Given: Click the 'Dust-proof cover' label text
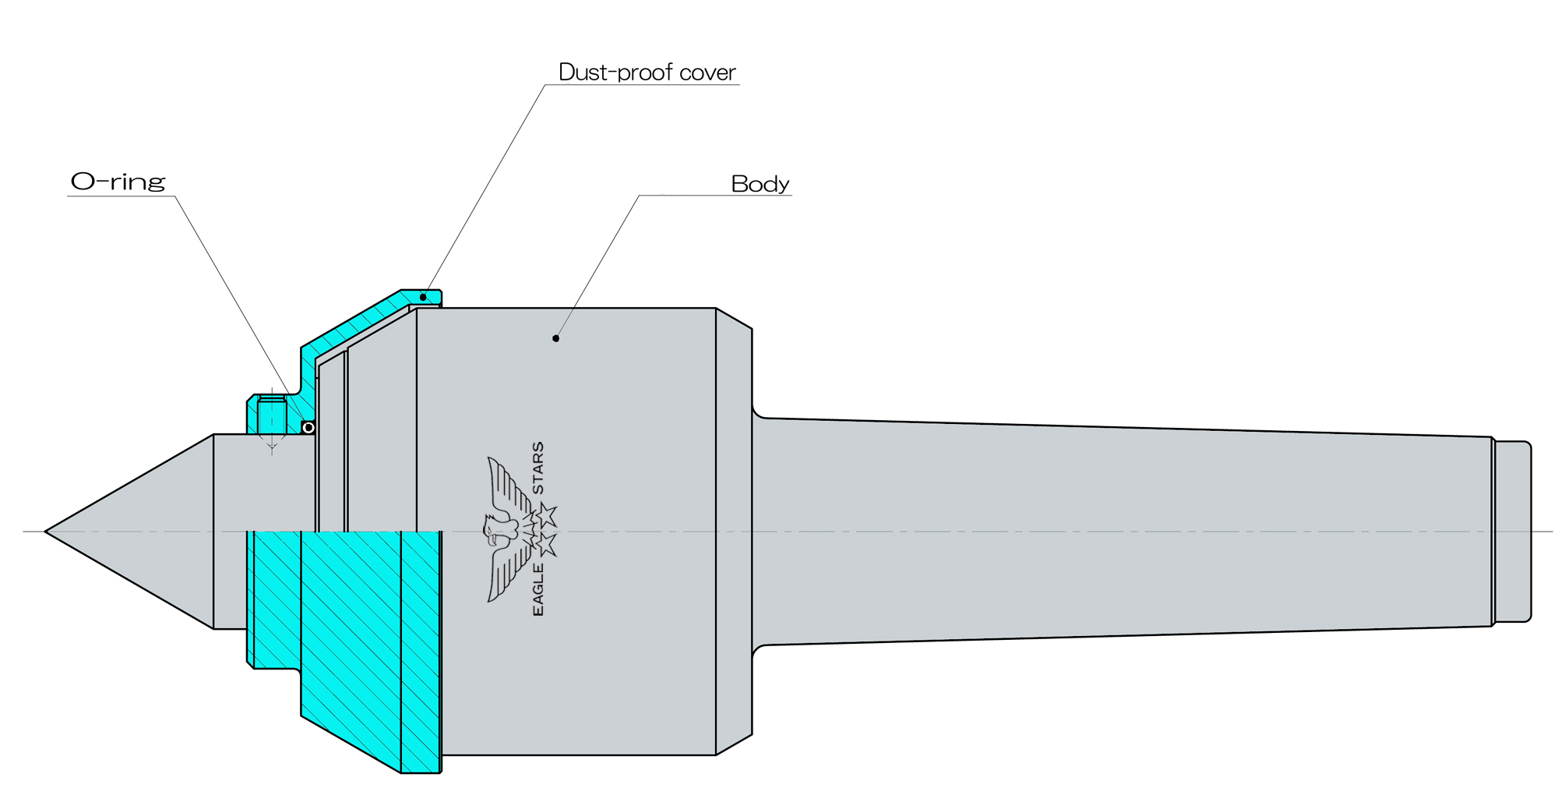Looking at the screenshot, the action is [647, 72].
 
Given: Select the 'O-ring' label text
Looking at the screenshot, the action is [118, 182].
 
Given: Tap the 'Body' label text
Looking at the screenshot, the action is [760, 184].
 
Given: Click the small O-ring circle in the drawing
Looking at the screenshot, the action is [308, 428].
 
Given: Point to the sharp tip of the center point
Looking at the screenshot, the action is [45, 532].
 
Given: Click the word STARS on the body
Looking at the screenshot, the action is [538, 468].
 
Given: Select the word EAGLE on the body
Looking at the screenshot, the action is [538, 590].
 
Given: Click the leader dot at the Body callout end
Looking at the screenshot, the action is [555, 338].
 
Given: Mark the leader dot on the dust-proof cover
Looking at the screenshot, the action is [423, 297].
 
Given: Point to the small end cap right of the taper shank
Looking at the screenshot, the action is [1513, 532].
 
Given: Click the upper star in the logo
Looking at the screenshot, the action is [547, 514].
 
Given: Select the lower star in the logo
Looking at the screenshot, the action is [547, 544].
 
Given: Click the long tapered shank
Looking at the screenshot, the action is [1122, 532].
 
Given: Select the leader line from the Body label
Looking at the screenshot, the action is [597, 266].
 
